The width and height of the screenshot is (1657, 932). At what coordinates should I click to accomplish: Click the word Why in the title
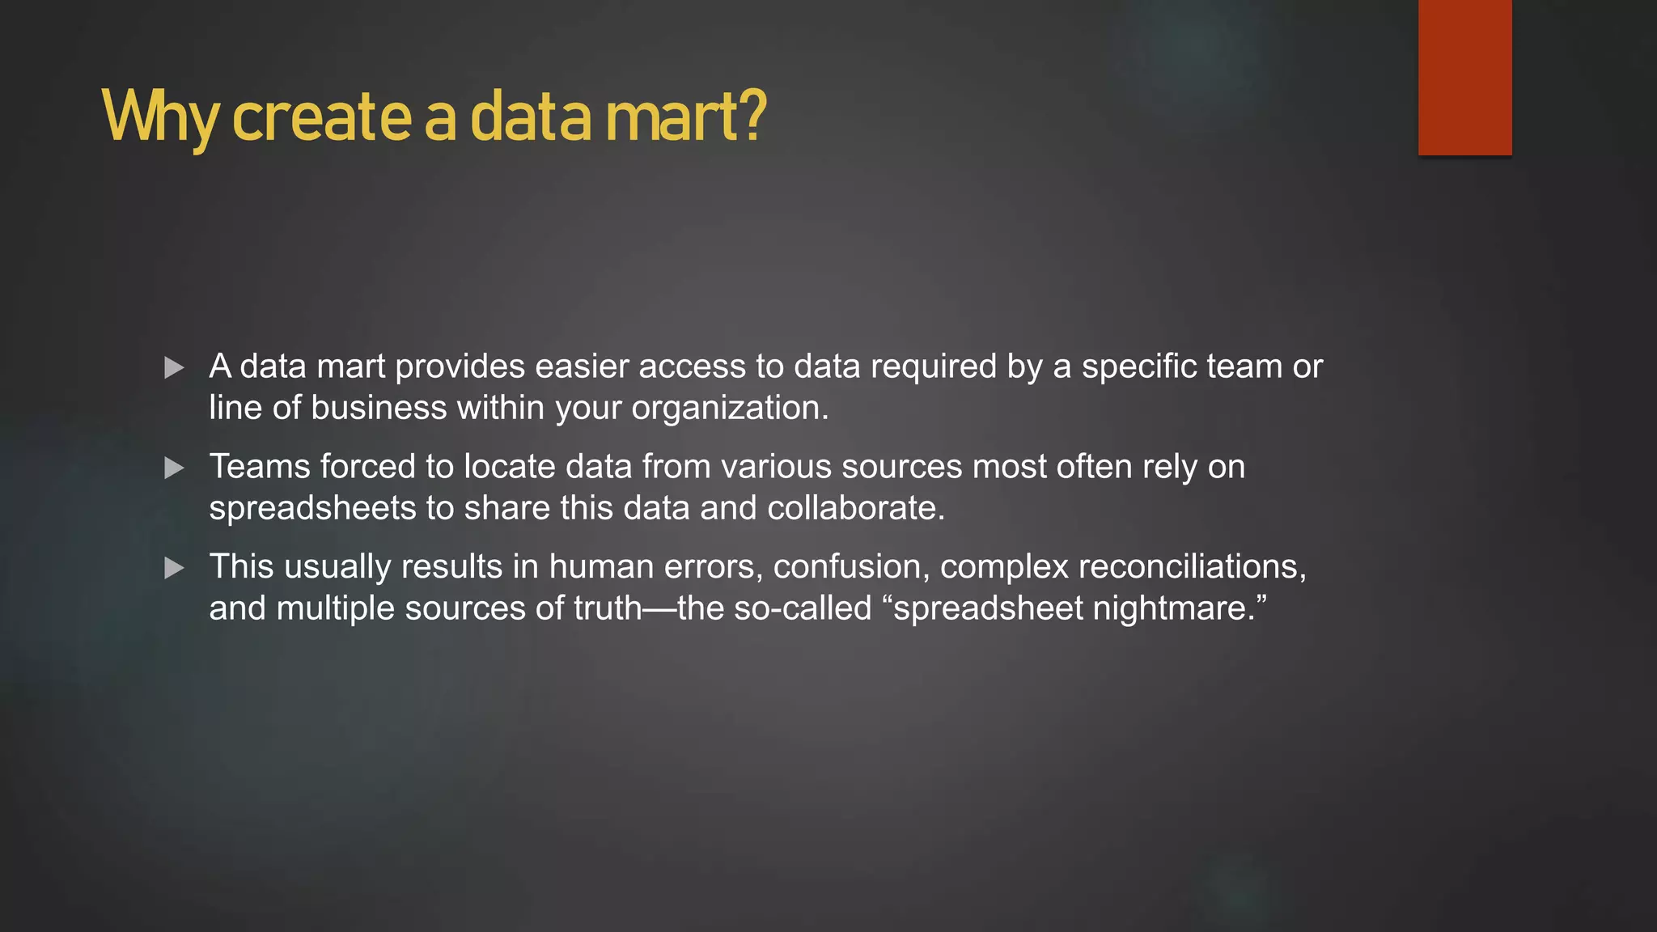(x=159, y=118)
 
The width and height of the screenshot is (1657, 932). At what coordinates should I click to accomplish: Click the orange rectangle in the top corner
(x=1464, y=77)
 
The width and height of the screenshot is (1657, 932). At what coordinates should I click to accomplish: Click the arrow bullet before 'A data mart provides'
(x=174, y=368)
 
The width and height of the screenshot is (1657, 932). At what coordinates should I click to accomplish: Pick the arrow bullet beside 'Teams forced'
(x=174, y=468)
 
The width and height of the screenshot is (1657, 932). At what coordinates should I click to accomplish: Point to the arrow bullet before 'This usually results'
(x=174, y=568)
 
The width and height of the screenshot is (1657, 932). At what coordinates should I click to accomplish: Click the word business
(x=379, y=408)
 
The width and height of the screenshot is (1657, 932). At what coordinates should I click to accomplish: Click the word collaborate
(x=855, y=508)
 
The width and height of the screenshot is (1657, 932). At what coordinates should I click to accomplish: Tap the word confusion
(x=850, y=566)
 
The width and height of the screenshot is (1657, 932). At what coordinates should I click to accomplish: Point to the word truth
(x=607, y=608)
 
